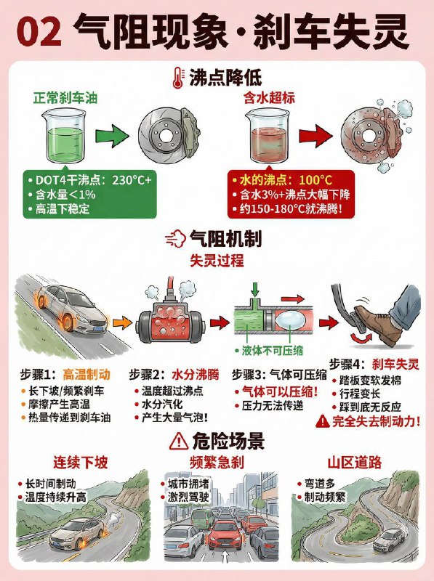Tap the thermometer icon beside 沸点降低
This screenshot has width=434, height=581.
tap(177, 76)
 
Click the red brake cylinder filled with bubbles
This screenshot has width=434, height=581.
tap(168, 315)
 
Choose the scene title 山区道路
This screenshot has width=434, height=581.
tap(355, 462)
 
